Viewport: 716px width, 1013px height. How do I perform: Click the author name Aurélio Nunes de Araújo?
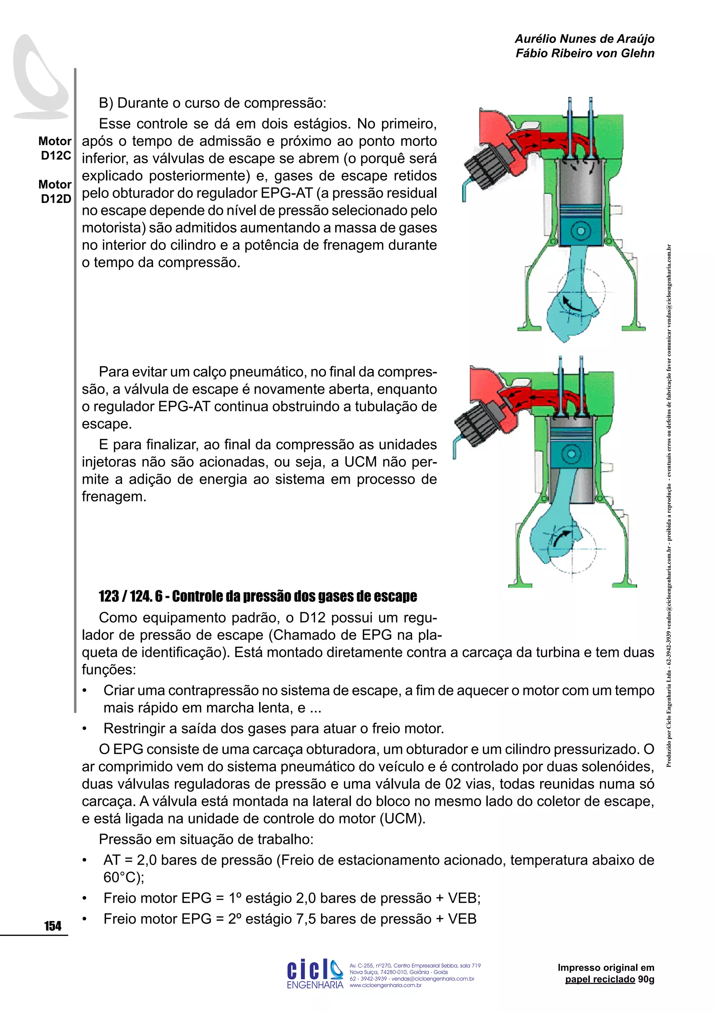click(x=584, y=39)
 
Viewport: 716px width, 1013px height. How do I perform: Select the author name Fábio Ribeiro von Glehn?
click(x=585, y=54)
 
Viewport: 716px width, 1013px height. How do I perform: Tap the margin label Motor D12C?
click(x=55, y=148)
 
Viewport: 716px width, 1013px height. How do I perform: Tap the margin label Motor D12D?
click(x=55, y=191)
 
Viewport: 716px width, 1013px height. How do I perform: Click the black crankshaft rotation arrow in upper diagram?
click(x=572, y=303)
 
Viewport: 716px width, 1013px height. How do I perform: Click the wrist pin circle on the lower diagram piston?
click(x=571, y=454)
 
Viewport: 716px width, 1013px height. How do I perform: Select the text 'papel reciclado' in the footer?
click(x=600, y=979)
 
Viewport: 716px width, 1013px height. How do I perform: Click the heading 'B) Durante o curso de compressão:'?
click(x=213, y=103)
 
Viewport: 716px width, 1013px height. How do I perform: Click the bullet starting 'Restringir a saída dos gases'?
click(x=273, y=728)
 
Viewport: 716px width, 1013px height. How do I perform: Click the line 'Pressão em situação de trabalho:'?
click(x=206, y=839)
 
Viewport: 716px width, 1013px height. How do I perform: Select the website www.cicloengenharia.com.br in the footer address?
click(x=385, y=985)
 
